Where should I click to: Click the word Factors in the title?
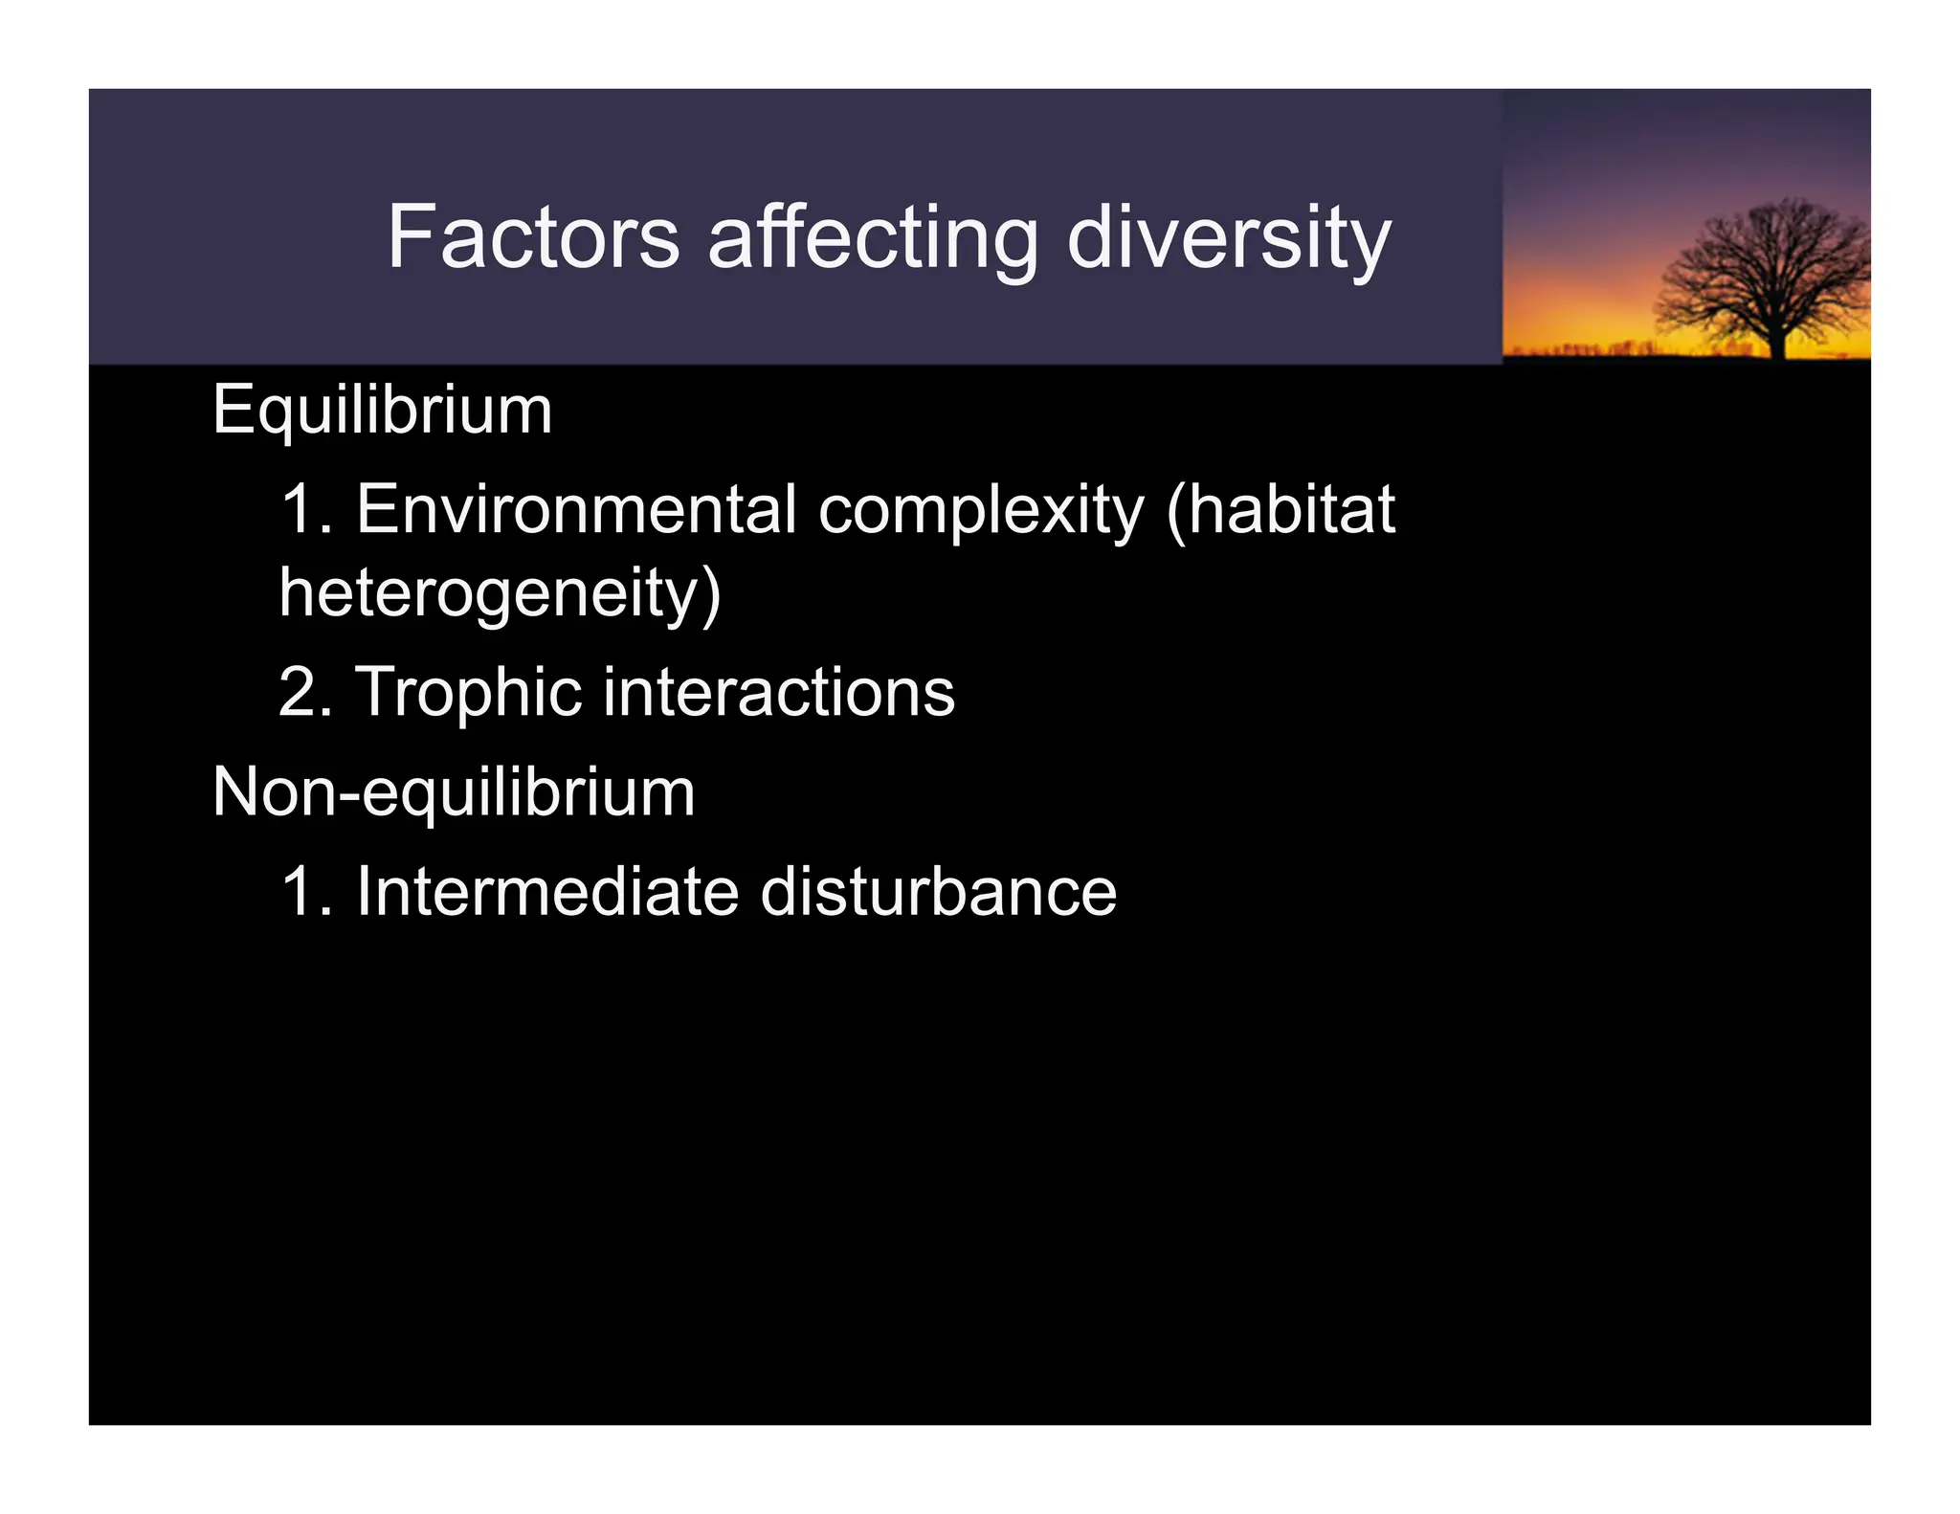pos(533,237)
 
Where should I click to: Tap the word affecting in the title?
pos(872,239)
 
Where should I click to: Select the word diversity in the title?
pos(1228,239)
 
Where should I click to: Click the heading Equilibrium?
pos(382,411)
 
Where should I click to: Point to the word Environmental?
pos(576,509)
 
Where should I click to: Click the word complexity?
pos(980,511)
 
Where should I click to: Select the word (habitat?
pos(1281,509)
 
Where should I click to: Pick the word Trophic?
pos(467,692)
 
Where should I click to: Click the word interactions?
pos(778,692)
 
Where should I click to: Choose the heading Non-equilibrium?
pos(454,793)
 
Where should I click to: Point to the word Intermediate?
pos(546,892)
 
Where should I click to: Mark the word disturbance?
pos(938,892)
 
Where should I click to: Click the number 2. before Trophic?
pos(305,692)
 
